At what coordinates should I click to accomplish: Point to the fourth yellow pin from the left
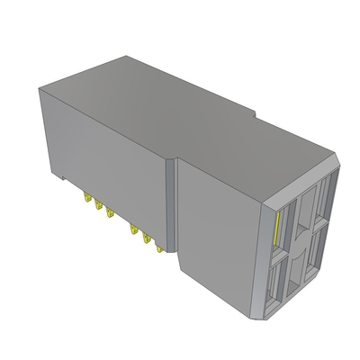(x=132, y=227)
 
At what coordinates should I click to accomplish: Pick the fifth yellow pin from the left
(x=144, y=235)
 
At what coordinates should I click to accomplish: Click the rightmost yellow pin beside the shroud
(x=155, y=242)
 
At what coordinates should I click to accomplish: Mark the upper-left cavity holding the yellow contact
(x=281, y=227)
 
